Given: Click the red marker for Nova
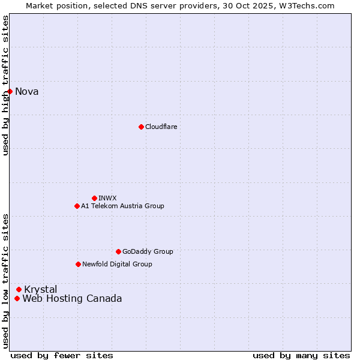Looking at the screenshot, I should point(10,91).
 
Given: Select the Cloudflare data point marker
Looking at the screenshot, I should point(141,127).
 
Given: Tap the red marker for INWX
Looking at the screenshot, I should point(94,198).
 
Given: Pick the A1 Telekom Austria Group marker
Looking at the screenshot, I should point(77,206).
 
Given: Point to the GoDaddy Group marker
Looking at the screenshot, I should point(118,251).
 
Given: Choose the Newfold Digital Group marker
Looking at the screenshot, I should point(78,264).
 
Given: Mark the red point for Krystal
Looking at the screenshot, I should point(19,289).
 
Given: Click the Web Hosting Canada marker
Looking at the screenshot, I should point(17,298).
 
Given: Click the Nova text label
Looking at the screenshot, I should point(26,92).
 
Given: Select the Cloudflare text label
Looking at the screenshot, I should point(161,127).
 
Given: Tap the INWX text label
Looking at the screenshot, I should point(107,198).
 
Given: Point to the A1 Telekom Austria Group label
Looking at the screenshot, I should point(122,206).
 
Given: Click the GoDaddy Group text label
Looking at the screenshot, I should point(148,251).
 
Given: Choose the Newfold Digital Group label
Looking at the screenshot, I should point(117,264).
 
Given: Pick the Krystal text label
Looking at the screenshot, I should point(41,290).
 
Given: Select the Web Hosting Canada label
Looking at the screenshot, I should point(72,299).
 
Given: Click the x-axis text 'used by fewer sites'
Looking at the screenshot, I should point(62,355).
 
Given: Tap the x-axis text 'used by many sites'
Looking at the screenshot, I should point(301,355).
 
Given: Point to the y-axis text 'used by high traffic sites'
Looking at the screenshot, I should point(6,85).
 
